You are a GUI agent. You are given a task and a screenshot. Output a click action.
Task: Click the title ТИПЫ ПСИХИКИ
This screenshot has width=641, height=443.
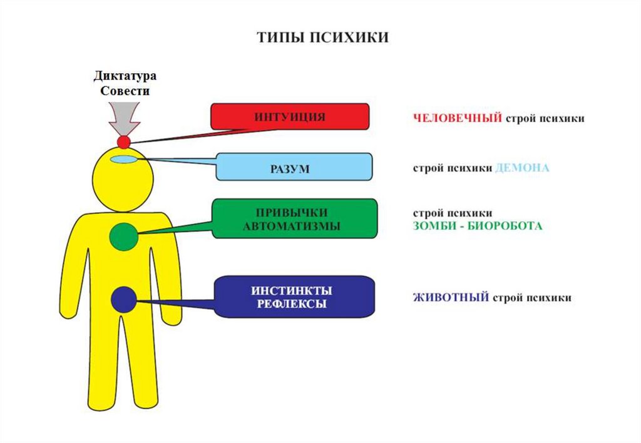pyautogui.click(x=322, y=38)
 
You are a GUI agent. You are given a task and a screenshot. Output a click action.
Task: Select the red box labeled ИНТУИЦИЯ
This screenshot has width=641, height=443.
pyautogui.click(x=289, y=116)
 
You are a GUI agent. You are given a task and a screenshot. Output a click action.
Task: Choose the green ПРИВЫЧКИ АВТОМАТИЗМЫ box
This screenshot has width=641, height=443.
pyautogui.click(x=294, y=218)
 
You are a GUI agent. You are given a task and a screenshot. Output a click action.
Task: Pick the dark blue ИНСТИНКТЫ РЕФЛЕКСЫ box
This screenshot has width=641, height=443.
pyautogui.click(x=294, y=297)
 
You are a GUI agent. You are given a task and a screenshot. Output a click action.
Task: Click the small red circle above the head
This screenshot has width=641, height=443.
pyautogui.click(x=123, y=142)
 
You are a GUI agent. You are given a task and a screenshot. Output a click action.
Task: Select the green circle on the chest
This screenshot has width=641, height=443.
pyautogui.click(x=124, y=236)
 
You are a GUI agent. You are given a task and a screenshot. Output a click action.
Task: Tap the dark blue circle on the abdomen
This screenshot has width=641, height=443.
pyautogui.click(x=124, y=299)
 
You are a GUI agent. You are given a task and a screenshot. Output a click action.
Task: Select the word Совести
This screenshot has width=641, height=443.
pyautogui.click(x=125, y=91)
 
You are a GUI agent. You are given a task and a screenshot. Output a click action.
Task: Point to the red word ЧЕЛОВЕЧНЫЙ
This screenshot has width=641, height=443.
pyautogui.click(x=458, y=118)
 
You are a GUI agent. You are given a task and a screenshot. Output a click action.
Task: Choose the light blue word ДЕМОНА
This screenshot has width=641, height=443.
pyautogui.click(x=521, y=168)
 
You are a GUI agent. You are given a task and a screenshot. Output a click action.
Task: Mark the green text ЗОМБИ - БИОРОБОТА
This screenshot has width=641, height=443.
pyautogui.click(x=477, y=226)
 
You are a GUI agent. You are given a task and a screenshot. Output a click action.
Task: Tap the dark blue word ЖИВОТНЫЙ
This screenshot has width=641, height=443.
pyautogui.click(x=451, y=297)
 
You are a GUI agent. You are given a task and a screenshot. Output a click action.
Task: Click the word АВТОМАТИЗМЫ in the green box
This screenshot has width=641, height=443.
pyautogui.click(x=292, y=227)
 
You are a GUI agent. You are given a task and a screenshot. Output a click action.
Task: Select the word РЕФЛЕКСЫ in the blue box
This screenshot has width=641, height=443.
pyautogui.click(x=292, y=305)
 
